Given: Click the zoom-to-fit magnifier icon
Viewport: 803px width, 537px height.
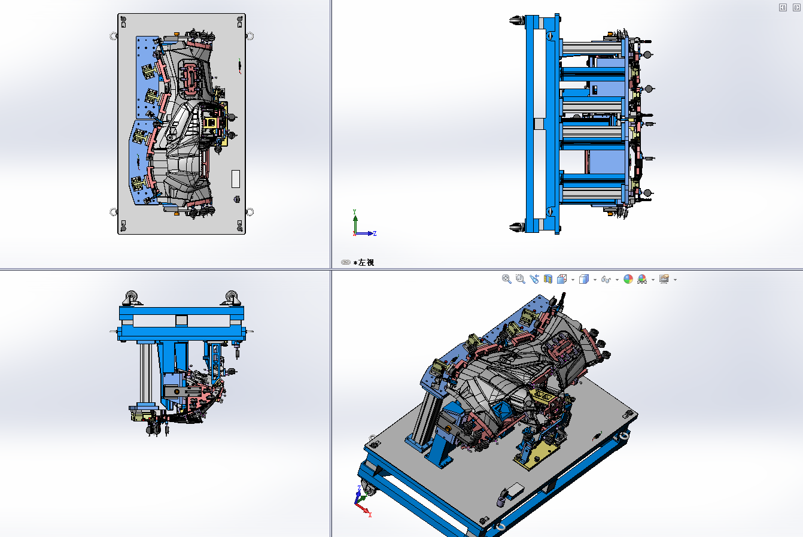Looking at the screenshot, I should coord(506,279).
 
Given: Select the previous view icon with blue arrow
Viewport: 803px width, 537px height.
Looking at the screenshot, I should coord(534,279).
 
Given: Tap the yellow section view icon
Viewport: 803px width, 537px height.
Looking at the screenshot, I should coord(548,279).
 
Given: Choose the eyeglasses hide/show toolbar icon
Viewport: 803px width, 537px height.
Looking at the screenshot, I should coord(606,280).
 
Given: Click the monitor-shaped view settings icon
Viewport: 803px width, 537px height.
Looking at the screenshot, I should coord(664,279).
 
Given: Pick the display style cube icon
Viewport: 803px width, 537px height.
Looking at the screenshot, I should coord(584,279).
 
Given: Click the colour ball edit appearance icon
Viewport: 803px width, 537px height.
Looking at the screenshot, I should coord(628,279).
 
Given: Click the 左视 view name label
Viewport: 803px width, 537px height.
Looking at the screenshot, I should coord(366,262).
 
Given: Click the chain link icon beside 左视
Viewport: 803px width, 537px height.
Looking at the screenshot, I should coord(345,262).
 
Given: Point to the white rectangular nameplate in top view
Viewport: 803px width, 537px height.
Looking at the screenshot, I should coord(236,178).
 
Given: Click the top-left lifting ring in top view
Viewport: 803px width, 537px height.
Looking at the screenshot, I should coord(113,36).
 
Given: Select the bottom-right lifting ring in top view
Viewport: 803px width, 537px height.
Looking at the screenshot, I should coord(250,212).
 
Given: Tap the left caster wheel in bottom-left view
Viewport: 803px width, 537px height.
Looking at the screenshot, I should coord(132,298).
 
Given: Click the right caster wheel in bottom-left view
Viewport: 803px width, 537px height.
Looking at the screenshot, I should coord(232,298).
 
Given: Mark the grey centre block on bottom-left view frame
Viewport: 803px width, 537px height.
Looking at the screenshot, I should coord(181,320).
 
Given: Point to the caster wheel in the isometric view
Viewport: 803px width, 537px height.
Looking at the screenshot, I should coord(369,489).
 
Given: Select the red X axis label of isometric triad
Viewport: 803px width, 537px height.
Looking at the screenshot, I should coord(370,514).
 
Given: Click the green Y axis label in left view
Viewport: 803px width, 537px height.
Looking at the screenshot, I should coord(355,212).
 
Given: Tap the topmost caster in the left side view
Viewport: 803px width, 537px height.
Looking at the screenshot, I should coord(516,20).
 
